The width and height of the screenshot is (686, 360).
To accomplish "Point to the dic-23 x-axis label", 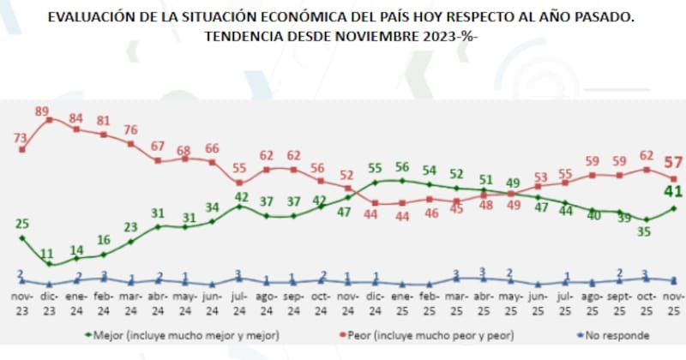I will point(49,303).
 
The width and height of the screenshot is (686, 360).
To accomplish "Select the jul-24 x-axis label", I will point(241,303).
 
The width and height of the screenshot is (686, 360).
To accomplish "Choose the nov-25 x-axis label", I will point(675,303).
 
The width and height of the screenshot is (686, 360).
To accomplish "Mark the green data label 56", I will point(403,166).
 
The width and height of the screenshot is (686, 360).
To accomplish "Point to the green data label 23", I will point(131,228).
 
